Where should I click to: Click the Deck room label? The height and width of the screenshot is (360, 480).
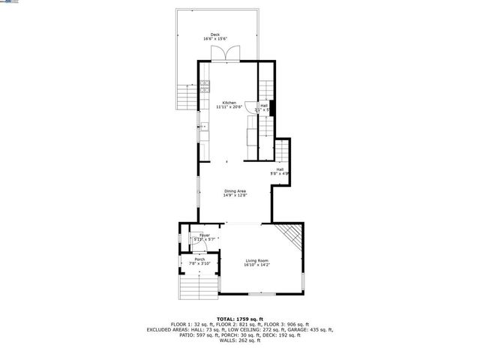(215, 34)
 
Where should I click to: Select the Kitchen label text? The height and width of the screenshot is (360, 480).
(229, 103)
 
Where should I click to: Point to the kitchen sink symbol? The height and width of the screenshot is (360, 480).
(203, 127)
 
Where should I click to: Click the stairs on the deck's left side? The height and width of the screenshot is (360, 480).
(184, 96)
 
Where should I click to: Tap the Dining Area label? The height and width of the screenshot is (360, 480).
(235, 190)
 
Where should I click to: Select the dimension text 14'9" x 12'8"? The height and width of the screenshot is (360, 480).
(235, 195)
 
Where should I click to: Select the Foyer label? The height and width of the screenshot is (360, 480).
(204, 235)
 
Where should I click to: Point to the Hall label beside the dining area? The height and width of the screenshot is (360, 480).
(280, 169)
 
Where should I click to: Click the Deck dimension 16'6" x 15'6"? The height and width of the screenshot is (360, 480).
(215, 39)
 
